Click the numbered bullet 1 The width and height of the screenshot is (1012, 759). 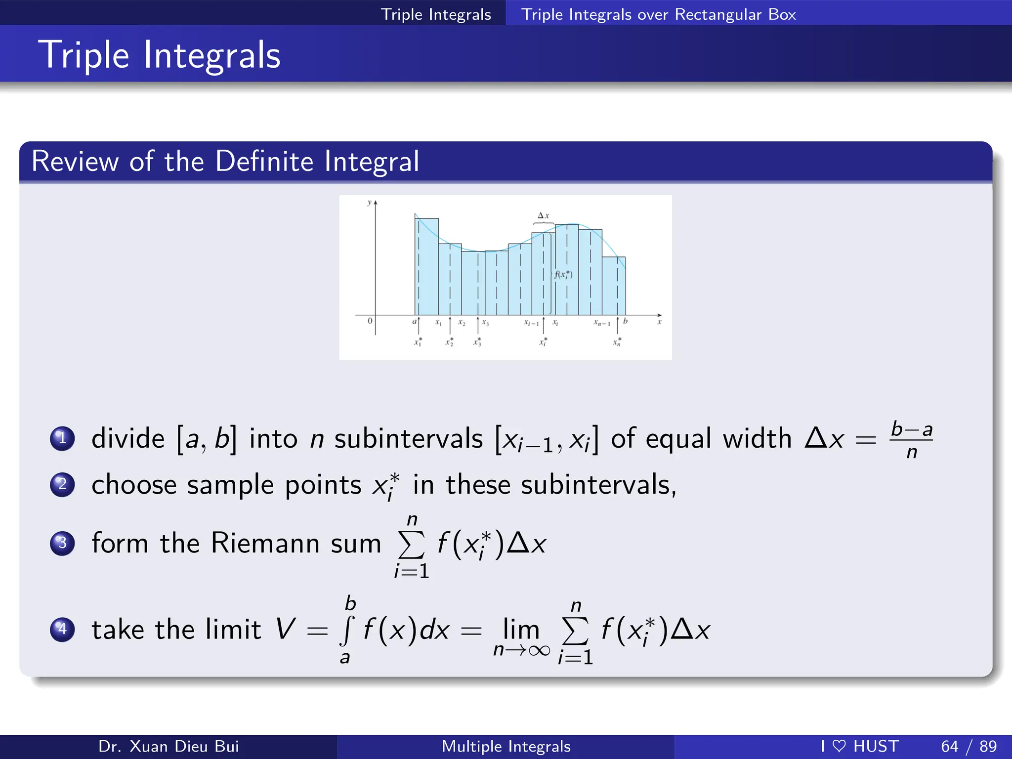(62, 438)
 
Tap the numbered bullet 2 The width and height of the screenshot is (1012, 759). (62, 484)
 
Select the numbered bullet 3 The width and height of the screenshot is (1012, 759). (62, 543)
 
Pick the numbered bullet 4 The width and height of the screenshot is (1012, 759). (62, 629)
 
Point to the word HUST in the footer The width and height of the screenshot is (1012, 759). (876, 746)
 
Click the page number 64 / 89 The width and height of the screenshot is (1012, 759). (969, 746)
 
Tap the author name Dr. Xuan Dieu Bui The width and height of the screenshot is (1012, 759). (169, 746)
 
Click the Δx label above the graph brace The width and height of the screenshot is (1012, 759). (543, 215)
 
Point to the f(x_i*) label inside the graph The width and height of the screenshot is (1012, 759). (563, 274)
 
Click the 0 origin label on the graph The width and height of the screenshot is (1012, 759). (370, 321)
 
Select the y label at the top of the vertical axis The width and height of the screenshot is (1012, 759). (369, 203)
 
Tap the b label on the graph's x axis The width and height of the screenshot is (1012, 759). (625, 321)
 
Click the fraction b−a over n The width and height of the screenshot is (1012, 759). (912, 439)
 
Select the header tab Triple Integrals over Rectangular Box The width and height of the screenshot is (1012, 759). (658, 14)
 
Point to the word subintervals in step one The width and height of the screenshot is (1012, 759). (408, 438)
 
